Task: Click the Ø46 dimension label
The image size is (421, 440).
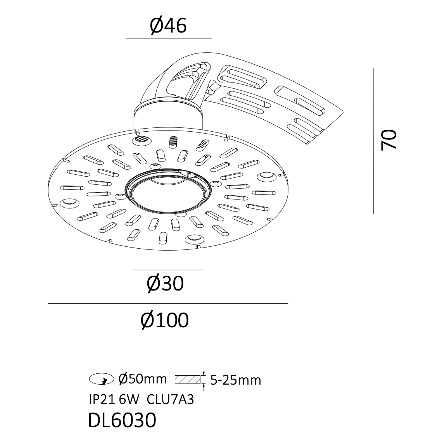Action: (x=168, y=26)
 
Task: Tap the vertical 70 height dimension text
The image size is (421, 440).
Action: (x=389, y=140)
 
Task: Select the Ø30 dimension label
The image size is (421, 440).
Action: (x=165, y=284)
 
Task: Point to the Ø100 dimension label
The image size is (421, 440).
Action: (x=165, y=320)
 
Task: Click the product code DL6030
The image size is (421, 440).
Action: (x=122, y=420)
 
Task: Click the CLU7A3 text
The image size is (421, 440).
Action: (x=170, y=399)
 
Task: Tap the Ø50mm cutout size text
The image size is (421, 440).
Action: (x=142, y=379)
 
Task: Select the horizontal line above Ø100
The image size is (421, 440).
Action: (x=168, y=303)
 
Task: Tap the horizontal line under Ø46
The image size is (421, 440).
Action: (x=169, y=39)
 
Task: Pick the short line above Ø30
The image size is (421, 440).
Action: (x=168, y=270)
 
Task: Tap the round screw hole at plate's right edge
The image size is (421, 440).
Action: (x=267, y=176)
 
